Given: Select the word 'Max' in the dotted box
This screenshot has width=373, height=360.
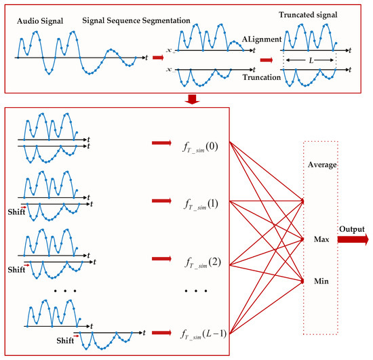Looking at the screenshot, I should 321,240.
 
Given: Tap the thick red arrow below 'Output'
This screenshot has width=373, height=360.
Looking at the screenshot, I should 357,239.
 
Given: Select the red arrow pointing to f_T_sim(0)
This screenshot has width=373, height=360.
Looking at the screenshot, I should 161,143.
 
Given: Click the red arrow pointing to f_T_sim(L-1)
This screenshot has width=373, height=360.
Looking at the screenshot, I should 161,332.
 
